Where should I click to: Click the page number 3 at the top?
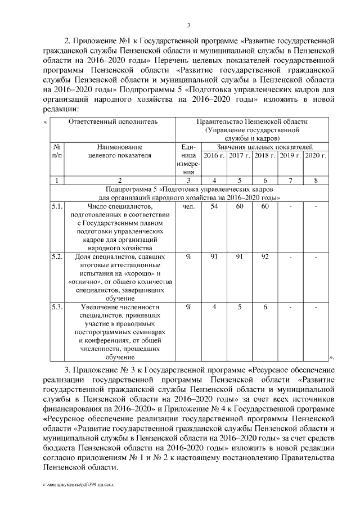coord(189,24)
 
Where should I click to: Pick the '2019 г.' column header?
coord(291,155)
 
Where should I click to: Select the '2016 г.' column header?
coord(214,155)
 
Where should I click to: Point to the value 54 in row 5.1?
coord(214,207)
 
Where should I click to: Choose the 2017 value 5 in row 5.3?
coord(239,307)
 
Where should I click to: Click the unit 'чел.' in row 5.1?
coord(189,207)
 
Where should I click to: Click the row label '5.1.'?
coord(56,207)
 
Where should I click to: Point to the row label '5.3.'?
coord(56,307)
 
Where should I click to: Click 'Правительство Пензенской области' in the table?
coord(252,121)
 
